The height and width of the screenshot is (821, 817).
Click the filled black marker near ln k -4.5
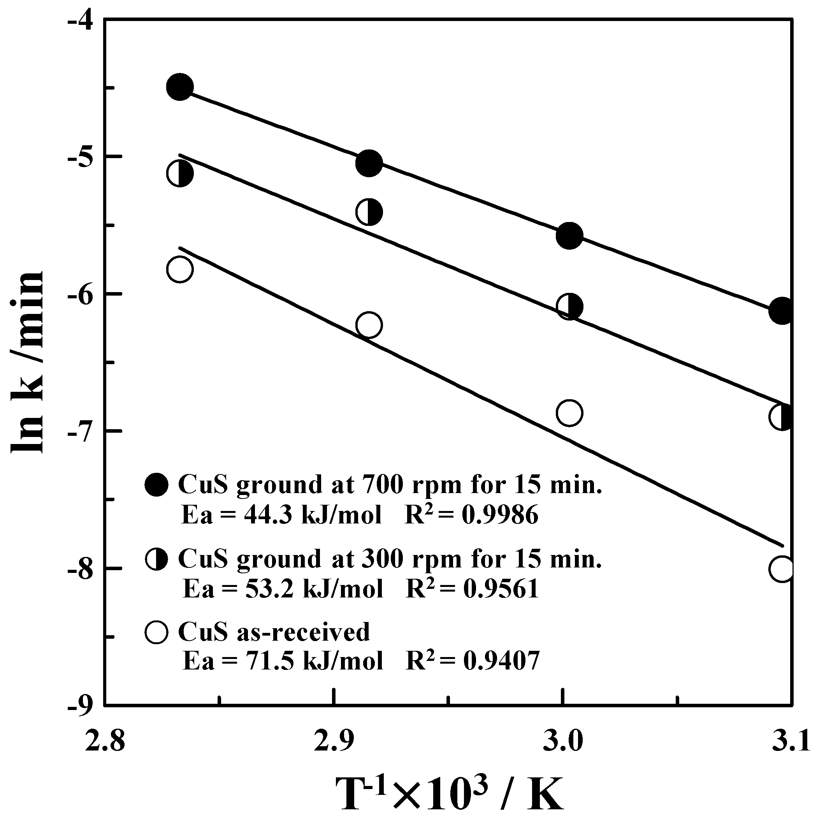click(x=180, y=87)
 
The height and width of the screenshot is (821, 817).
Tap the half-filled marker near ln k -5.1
click(x=180, y=173)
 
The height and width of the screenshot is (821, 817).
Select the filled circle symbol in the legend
click(x=157, y=484)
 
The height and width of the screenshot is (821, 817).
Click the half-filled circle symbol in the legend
click(x=157, y=559)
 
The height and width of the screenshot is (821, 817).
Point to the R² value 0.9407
click(x=501, y=661)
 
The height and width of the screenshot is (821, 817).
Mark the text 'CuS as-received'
click(x=274, y=632)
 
